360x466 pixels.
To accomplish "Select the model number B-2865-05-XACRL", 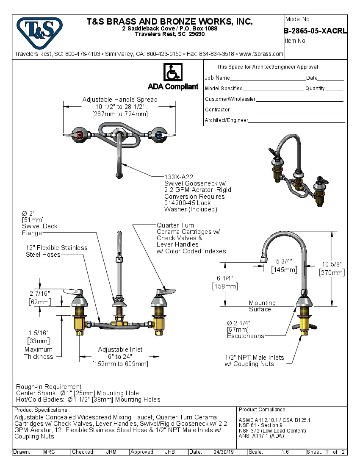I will tap(316, 31).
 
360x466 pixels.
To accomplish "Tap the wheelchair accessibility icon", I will tap(172, 73).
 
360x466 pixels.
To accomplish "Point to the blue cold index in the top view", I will tap(159, 135).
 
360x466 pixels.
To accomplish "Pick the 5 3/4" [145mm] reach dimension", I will tap(284, 265).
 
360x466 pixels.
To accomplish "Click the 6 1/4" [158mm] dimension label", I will tap(224, 282).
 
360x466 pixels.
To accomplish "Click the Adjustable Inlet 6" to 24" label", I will tap(120, 356).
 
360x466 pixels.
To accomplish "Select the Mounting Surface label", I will tap(262, 306).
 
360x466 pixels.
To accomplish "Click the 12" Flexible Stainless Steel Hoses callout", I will tap(56, 251).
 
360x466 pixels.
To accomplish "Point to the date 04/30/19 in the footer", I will tap(223, 452).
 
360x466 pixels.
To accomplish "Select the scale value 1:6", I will tap(285, 452).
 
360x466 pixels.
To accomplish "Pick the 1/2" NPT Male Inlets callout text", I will tap(254, 361).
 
